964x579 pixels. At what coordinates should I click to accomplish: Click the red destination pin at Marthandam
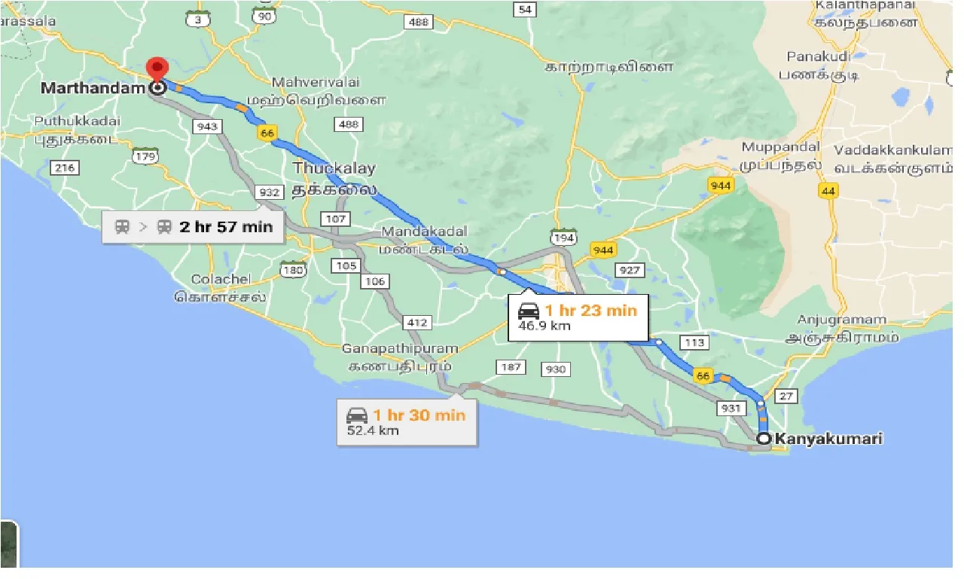tap(157, 69)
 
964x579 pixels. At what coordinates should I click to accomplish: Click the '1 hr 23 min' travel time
tap(591, 310)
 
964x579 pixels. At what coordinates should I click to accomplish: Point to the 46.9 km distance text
tap(545, 326)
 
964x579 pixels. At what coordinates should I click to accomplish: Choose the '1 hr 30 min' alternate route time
tap(419, 415)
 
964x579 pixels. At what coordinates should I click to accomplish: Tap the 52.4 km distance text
tap(372, 430)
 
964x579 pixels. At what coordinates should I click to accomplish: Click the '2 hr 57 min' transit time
tap(226, 226)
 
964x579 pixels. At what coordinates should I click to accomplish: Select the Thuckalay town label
tap(334, 168)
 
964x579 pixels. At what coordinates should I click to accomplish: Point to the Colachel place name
tap(221, 280)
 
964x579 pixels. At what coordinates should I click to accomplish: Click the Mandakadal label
tap(424, 231)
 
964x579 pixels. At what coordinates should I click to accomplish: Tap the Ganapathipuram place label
tap(400, 349)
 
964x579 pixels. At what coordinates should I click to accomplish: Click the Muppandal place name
tap(779, 147)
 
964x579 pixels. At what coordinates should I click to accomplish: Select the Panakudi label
tap(817, 57)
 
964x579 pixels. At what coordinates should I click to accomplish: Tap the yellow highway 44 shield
tap(828, 191)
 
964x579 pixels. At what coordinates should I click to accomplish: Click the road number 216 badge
tap(65, 167)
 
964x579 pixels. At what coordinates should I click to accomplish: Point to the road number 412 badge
tap(416, 323)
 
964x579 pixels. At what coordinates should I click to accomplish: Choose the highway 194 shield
tap(564, 238)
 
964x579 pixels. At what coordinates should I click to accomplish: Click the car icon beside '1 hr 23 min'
tap(529, 310)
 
